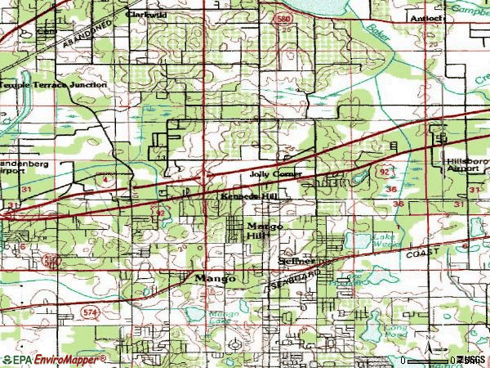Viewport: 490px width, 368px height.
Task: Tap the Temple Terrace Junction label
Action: pos(54,84)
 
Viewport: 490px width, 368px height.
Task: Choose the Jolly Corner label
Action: pos(277,174)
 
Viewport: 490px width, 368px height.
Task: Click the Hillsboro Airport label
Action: pos(466,167)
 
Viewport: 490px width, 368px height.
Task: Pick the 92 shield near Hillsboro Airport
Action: pos(384,173)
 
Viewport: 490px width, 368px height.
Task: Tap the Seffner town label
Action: pos(296,261)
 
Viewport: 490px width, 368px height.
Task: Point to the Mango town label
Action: pos(216,278)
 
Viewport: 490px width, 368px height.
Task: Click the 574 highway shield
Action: pos(89,312)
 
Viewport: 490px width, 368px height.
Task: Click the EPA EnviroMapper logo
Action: pos(54,359)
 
